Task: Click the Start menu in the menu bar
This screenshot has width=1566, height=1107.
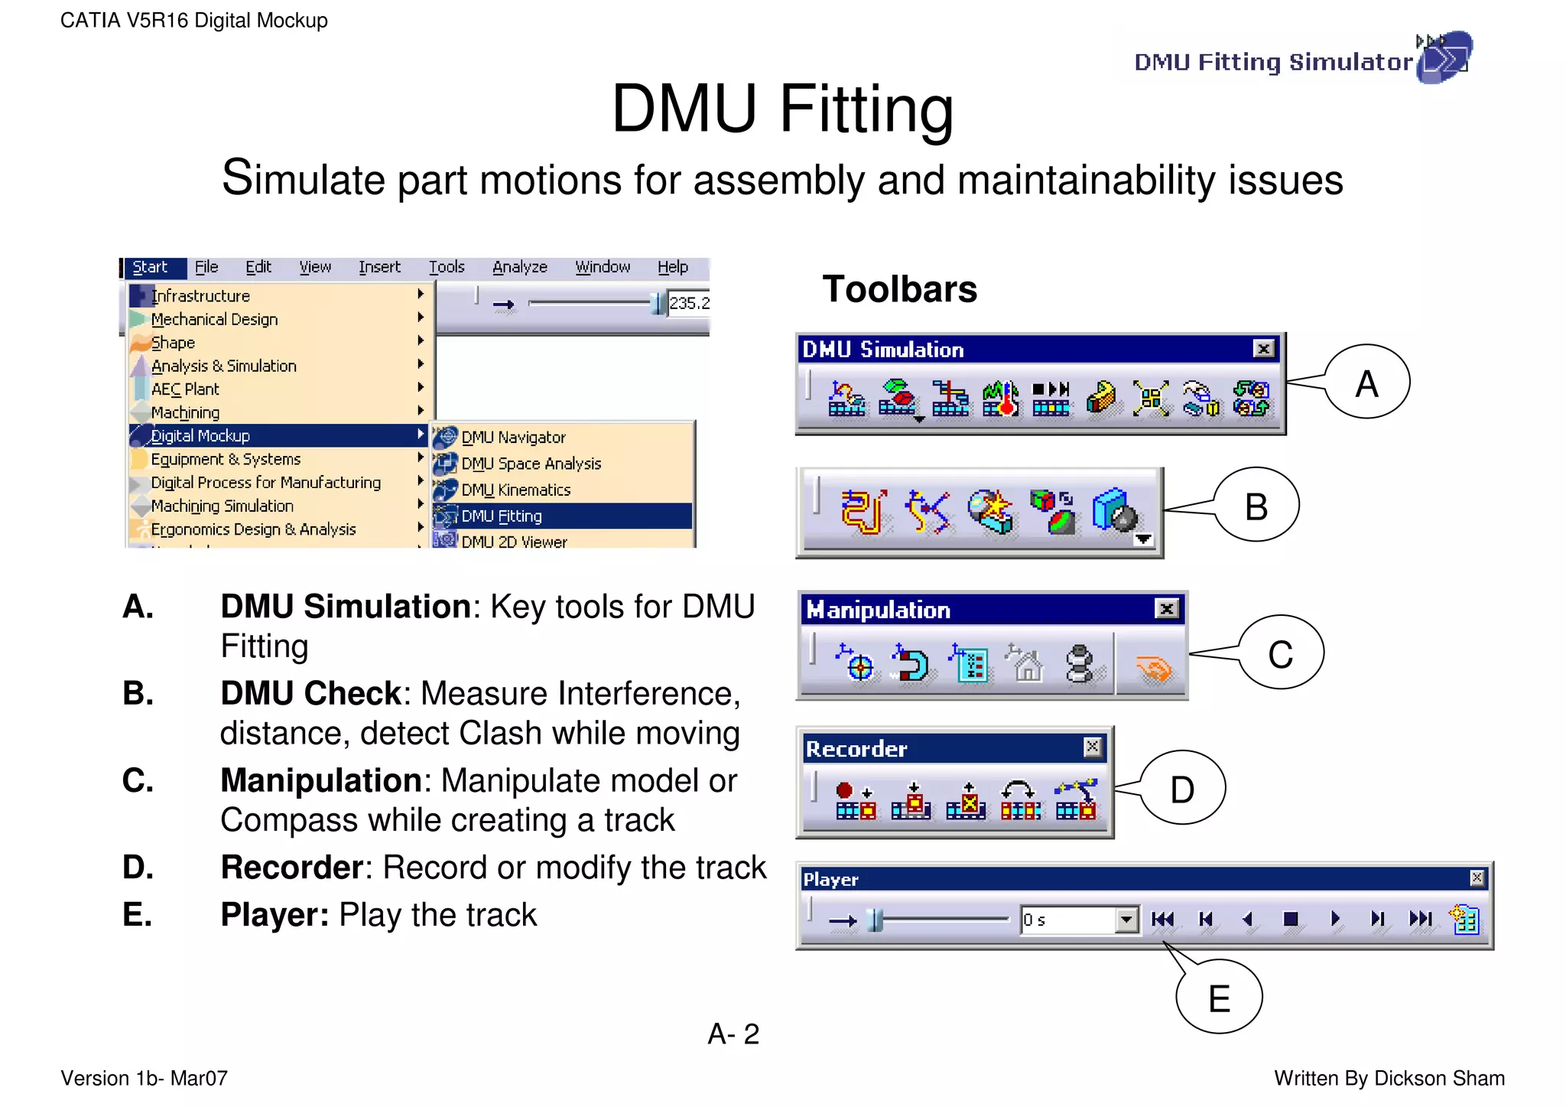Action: pyautogui.click(x=150, y=267)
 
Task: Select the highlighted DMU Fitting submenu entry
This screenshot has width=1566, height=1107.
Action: pyautogui.click(x=502, y=516)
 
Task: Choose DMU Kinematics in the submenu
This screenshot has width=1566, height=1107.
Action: pyautogui.click(x=516, y=490)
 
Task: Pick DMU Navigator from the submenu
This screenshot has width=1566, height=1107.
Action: pyautogui.click(x=513, y=438)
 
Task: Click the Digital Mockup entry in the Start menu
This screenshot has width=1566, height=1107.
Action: pyautogui.click(x=200, y=436)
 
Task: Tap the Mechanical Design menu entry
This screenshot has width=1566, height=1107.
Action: pyautogui.click(x=214, y=319)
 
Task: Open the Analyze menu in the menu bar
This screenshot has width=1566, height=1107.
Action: pyautogui.click(x=520, y=267)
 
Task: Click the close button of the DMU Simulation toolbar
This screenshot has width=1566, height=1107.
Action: pyautogui.click(x=1264, y=349)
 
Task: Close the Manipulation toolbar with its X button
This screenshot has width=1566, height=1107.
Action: pyautogui.click(x=1166, y=609)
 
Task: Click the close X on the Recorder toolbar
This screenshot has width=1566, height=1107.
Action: pyautogui.click(x=1093, y=747)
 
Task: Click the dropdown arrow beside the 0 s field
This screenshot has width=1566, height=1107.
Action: pyautogui.click(x=1126, y=920)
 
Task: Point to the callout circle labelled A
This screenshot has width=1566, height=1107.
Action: pyautogui.click(x=1367, y=383)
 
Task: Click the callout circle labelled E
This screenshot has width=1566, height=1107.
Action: pyautogui.click(x=1219, y=998)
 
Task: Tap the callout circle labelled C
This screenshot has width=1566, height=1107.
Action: pyautogui.click(x=1281, y=653)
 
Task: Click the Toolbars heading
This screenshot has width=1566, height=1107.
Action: pyautogui.click(x=899, y=289)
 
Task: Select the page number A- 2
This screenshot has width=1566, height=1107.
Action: pyautogui.click(x=733, y=1034)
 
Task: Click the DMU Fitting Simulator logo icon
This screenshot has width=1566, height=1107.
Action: pyautogui.click(x=1444, y=57)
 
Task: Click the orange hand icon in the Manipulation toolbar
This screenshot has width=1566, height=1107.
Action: pyautogui.click(x=1154, y=668)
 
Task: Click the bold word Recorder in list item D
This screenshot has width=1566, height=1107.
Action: pyautogui.click(x=291, y=868)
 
